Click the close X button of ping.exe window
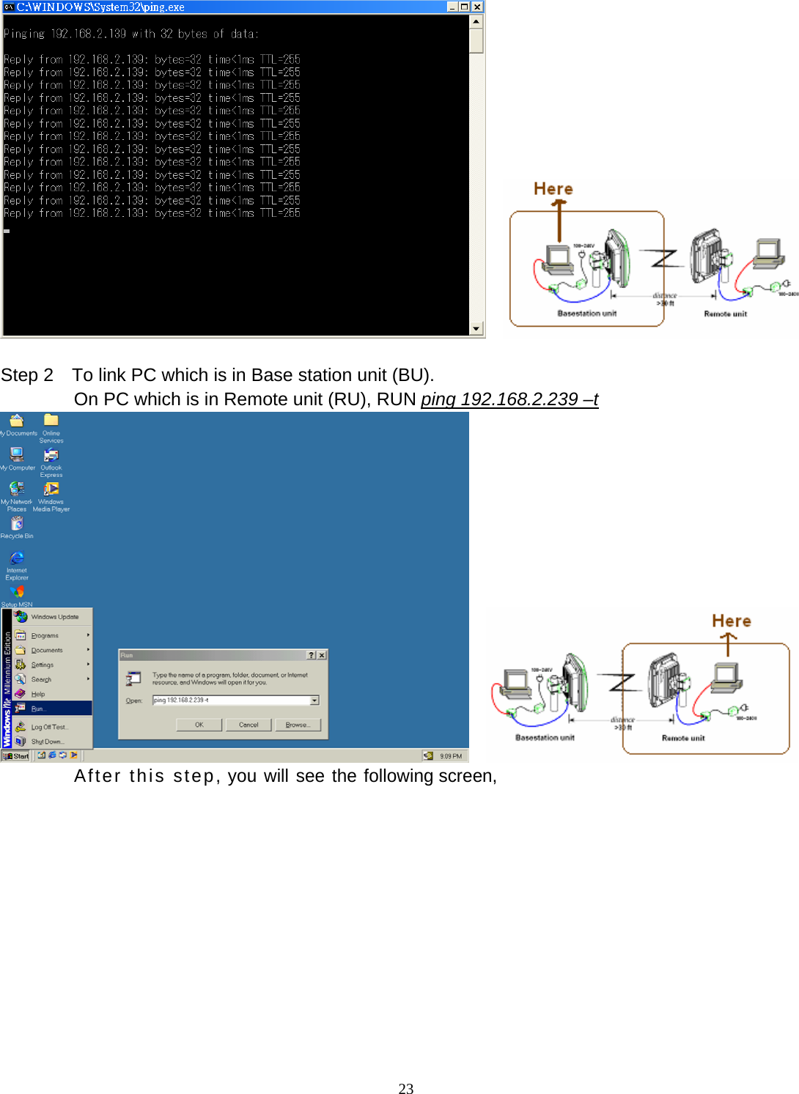[477, 7]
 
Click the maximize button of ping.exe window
[465, 7]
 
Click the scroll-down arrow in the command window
[476, 329]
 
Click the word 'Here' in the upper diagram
[553, 189]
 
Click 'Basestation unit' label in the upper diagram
[586, 314]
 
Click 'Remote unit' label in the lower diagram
[682, 739]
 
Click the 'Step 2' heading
[27, 375]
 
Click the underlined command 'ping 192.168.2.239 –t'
[509, 399]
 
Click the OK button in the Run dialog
[199, 725]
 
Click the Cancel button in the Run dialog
[248, 725]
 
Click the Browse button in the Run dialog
[297, 725]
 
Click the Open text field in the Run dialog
[231, 701]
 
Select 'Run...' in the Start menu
[38, 709]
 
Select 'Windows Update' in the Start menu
[54, 617]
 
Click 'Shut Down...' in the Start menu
[47, 742]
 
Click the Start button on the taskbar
[16, 756]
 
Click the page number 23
[405, 1089]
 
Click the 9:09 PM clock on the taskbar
[450, 756]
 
